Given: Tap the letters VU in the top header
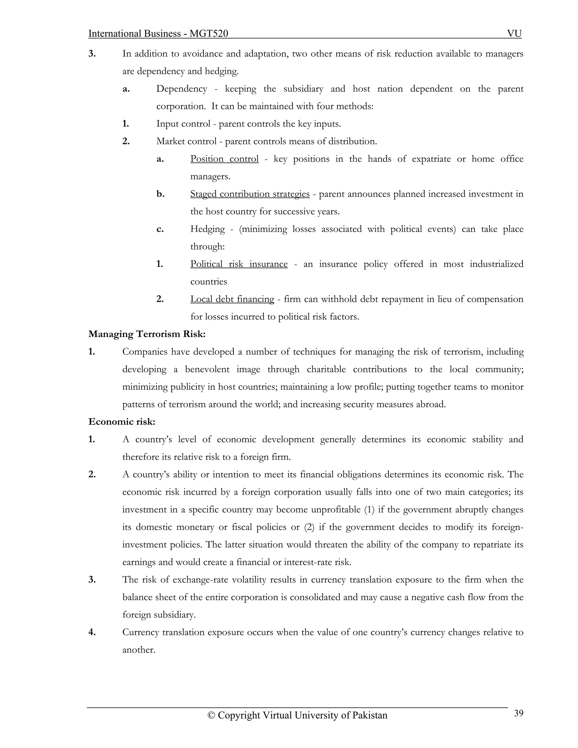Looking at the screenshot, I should click(514, 34).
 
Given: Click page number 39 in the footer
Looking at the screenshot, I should click(518, 713).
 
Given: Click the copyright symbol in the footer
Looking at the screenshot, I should click(212, 716).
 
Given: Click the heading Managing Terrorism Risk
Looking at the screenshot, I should click(147, 334).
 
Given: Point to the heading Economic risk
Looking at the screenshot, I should click(122, 422).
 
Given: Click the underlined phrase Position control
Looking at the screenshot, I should click(224, 159).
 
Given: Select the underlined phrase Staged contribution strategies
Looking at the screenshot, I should click(249, 194).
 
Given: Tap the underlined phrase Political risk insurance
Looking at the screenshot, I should click(239, 264).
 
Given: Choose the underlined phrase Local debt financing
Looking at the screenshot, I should click(232, 299).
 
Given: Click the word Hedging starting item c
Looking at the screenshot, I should click(207, 229).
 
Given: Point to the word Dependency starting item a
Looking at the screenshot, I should click(181, 89).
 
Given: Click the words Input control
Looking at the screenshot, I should click(183, 124).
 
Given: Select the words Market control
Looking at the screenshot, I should click(186, 141).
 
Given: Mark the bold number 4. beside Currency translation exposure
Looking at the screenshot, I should click(92, 632).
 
